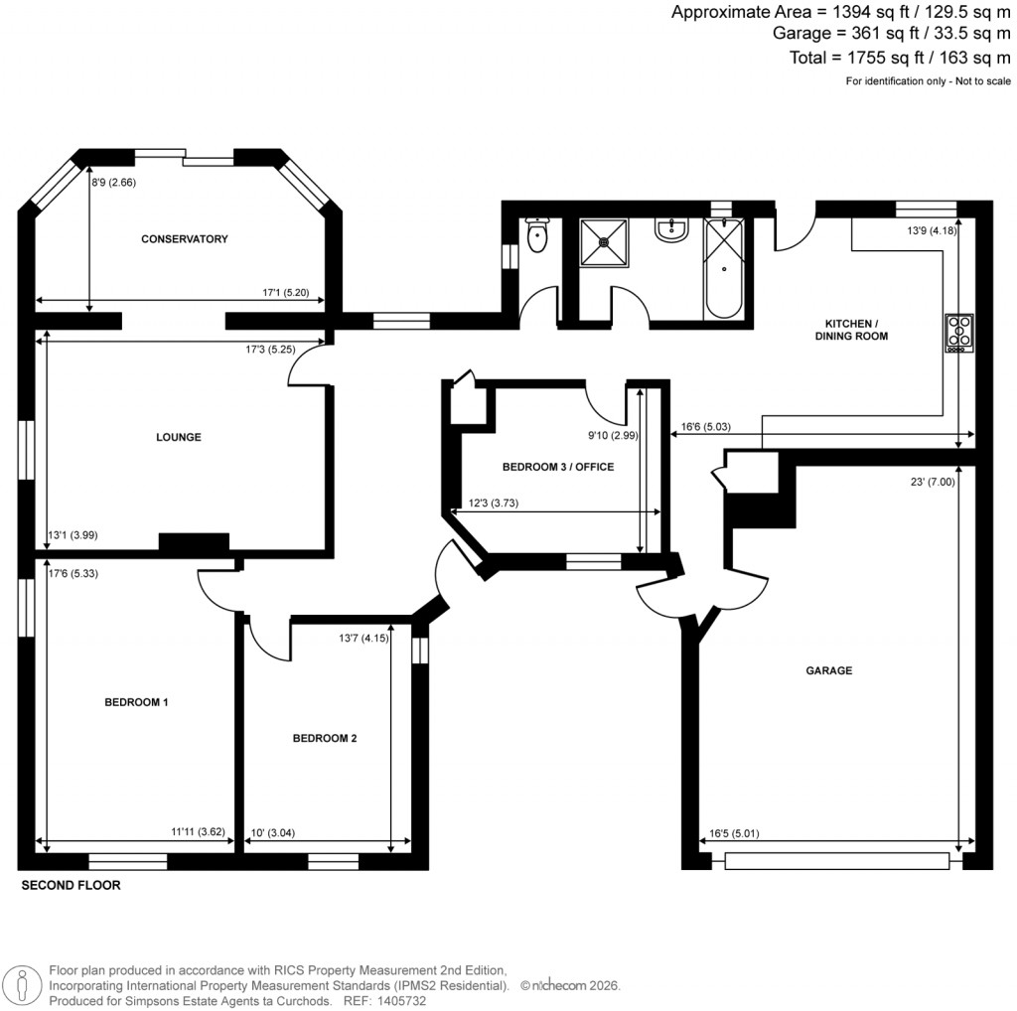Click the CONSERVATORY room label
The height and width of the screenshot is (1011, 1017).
184,239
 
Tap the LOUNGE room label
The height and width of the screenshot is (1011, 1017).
179,437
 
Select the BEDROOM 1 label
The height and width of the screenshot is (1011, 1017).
136,702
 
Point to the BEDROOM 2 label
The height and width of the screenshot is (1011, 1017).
324,739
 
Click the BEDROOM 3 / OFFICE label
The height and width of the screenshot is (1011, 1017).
557,467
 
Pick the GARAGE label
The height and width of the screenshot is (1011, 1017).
828,671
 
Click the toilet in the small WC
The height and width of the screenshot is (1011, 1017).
537,235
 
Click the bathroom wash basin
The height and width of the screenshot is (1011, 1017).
672,231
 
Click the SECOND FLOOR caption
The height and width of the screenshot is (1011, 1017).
71,886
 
